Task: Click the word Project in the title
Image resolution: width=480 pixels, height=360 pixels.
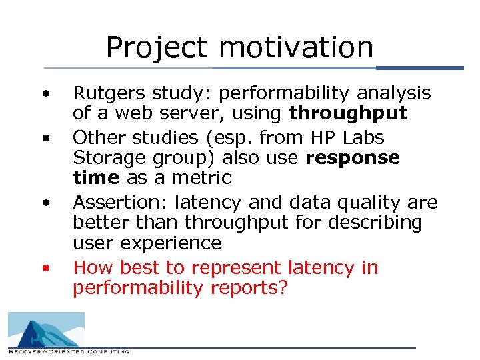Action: click(157, 48)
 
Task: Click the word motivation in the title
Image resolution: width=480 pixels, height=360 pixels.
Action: click(296, 48)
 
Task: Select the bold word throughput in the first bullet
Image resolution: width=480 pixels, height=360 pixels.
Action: click(347, 114)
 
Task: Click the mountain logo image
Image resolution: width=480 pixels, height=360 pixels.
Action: click(46, 329)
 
